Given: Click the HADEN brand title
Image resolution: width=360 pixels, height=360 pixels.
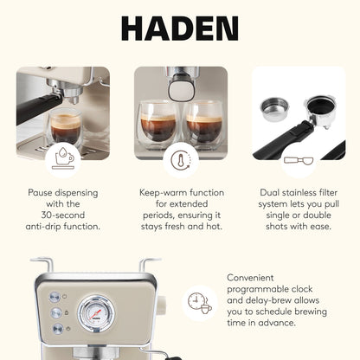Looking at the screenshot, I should [179, 28].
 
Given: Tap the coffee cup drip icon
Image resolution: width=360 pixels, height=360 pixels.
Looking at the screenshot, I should [62, 156].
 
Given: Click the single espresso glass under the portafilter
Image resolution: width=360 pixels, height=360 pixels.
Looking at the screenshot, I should [64, 128].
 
